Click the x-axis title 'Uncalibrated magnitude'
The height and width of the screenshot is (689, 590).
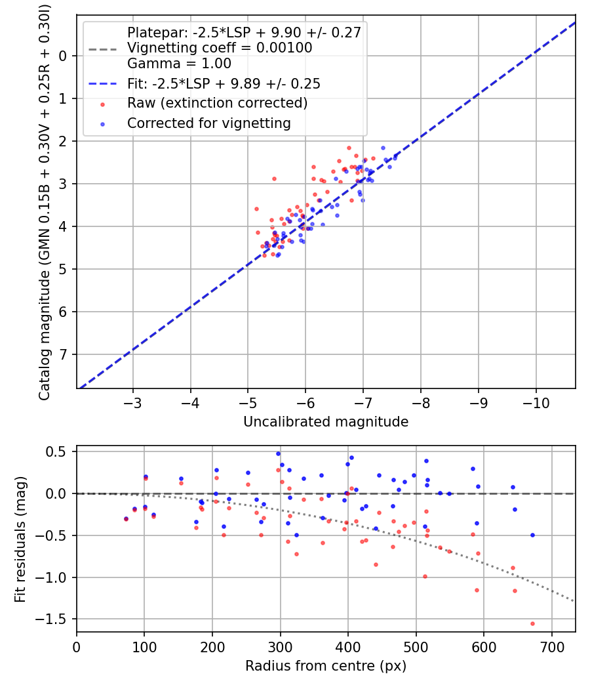click(326, 422)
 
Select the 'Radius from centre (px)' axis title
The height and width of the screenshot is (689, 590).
click(326, 666)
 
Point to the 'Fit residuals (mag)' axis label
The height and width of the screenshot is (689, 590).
click(20, 539)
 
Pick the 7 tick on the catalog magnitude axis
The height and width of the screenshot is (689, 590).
click(63, 355)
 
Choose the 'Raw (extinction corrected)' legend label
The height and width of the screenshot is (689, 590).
click(217, 103)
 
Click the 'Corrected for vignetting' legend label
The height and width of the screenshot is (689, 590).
click(208, 123)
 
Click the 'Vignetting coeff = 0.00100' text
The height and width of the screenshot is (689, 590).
click(220, 48)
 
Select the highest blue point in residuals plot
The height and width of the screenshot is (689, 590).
click(278, 453)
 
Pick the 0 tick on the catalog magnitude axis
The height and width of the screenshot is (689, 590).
click(63, 56)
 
